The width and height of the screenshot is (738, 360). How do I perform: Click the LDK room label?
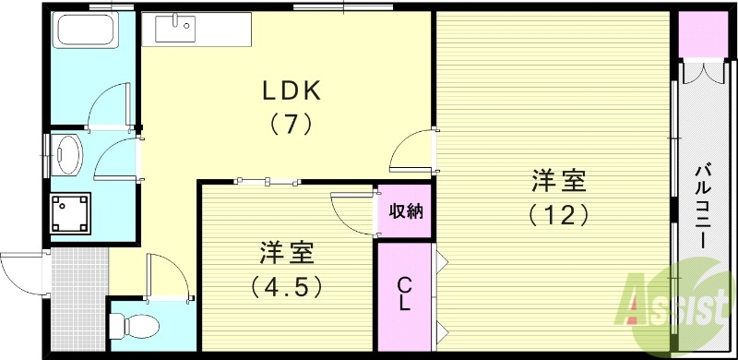point(292,90)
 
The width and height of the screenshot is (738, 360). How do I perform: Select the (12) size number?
point(558,214)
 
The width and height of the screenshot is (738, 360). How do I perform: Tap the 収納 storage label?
point(405,211)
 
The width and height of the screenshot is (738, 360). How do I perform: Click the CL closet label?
point(404,294)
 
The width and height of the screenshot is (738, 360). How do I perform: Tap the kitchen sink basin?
point(173,30)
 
